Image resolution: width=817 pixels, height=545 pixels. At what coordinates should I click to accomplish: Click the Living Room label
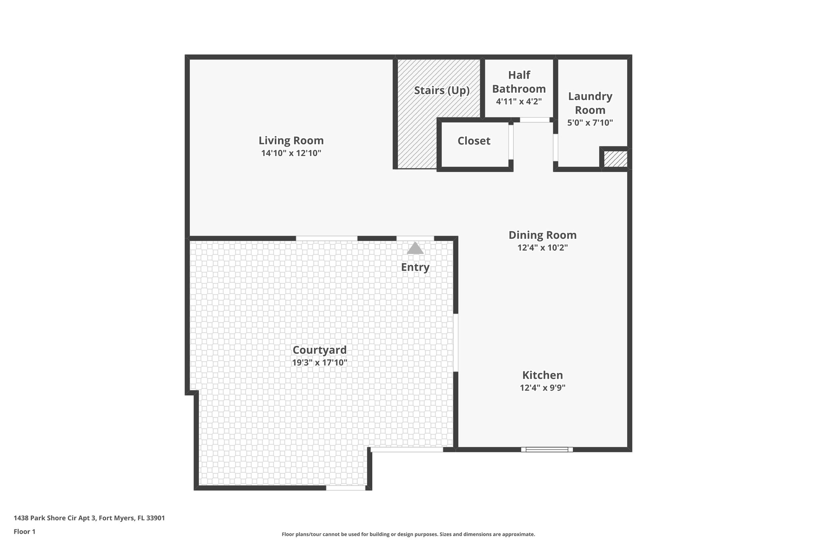[291, 141]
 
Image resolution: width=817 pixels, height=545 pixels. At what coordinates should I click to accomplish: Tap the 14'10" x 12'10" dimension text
[291, 153]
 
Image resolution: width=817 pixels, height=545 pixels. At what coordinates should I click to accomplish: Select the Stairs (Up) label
[442, 90]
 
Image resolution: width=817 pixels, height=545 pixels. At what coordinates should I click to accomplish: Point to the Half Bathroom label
[519, 82]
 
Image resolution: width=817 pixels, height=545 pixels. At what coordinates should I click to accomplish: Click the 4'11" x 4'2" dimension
[519, 101]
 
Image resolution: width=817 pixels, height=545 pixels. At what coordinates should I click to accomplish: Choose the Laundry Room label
[590, 103]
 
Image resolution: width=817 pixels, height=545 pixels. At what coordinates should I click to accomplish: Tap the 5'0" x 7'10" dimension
[590, 123]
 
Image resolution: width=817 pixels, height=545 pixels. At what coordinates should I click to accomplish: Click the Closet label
[474, 141]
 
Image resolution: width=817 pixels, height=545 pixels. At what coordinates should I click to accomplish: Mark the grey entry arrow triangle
[415, 248]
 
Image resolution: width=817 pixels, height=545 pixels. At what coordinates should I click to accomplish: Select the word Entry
[415, 267]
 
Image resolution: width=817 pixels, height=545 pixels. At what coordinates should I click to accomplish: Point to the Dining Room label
[542, 235]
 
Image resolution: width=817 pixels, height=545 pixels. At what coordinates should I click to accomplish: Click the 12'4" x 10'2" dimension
[542, 248]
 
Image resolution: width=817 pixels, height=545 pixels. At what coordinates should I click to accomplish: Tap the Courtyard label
[320, 350]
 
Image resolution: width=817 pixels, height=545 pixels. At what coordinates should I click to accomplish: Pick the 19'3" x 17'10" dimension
[320, 363]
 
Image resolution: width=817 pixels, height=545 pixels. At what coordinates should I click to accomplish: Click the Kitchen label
[543, 375]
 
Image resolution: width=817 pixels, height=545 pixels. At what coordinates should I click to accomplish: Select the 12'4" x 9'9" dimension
[543, 388]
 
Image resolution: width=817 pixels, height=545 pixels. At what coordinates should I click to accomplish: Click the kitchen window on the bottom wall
[547, 450]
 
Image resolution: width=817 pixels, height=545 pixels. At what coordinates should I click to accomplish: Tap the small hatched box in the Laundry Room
[615, 159]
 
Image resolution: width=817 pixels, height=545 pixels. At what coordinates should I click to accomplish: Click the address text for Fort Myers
[89, 518]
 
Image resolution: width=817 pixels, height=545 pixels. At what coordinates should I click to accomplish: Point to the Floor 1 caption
[24, 531]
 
